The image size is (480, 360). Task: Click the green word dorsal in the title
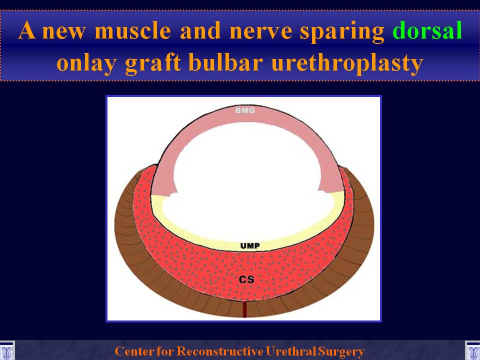tap(427, 30)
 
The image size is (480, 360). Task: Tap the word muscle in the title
tap(133, 30)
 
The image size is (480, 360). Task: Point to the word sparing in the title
tap(342, 32)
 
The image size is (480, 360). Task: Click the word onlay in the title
tap(86, 63)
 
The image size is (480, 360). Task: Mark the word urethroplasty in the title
tap(347, 63)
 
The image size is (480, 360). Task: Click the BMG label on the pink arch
tap(245, 110)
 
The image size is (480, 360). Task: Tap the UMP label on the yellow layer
tap(250, 245)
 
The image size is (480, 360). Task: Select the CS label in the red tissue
tap(246, 279)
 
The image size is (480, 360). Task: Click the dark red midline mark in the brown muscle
tap(244, 309)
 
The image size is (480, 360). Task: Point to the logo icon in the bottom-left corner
tap(6, 351)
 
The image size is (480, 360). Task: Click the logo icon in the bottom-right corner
tap(472, 351)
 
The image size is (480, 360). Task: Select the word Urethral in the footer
tap(291, 351)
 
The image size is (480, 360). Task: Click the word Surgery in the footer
tap(341, 351)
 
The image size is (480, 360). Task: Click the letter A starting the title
tap(26, 30)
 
